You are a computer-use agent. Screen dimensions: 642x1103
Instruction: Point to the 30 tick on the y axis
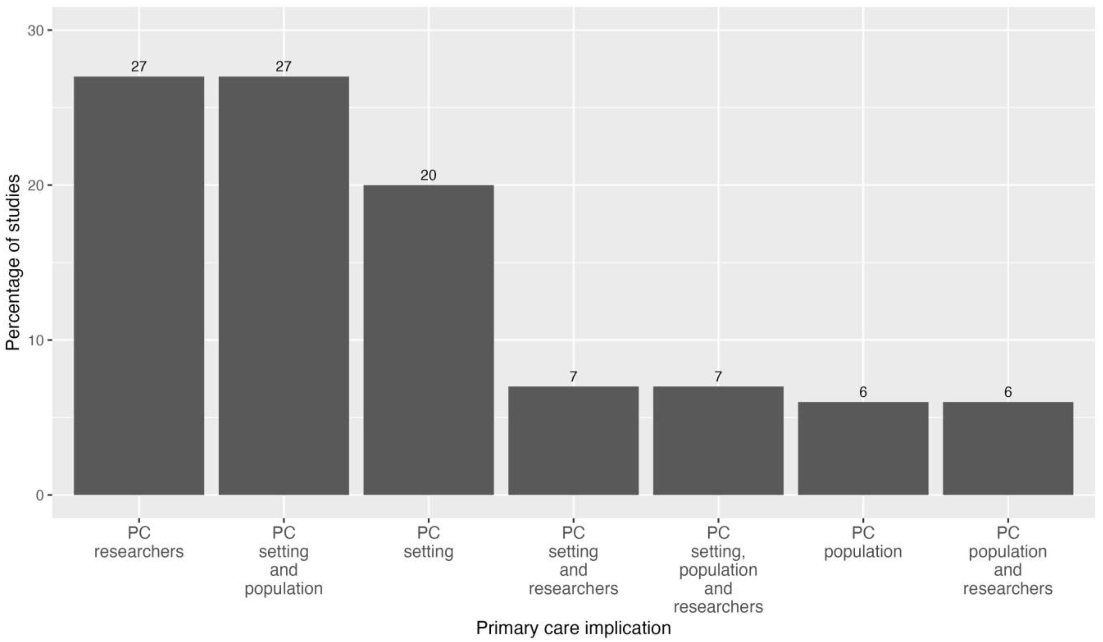tap(36, 31)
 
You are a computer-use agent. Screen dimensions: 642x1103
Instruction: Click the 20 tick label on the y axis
tap(36, 185)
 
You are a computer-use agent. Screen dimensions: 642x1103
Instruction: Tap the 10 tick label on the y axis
tap(36, 340)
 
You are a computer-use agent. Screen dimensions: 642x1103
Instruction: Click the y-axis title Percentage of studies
tap(13, 263)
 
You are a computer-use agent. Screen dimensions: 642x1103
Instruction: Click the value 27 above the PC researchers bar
tap(139, 66)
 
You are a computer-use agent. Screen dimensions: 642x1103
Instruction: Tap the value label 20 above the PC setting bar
tap(429, 175)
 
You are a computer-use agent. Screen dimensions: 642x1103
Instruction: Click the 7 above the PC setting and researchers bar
tap(573, 377)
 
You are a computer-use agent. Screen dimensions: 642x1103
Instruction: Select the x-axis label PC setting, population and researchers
tap(718, 570)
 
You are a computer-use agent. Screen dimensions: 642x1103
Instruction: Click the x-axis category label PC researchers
tap(139, 542)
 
